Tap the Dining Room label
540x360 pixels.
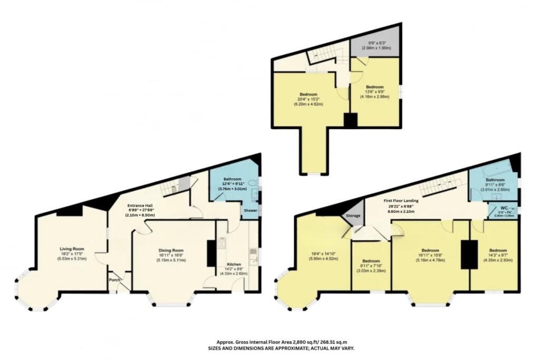pos(170,250)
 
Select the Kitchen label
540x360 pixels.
pos(234,264)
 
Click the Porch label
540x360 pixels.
pos(115,280)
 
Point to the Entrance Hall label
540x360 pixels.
pos(140,206)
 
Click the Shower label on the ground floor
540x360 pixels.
pos(250,210)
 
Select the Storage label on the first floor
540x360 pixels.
pos(353,215)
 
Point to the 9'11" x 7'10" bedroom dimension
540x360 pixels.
pos(371,266)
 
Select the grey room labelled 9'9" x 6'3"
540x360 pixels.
pos(375,46)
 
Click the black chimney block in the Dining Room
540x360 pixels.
pos(211,252)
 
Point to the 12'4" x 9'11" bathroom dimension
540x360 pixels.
pos(232,183)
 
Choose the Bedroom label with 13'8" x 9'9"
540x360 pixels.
pos(375,87)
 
